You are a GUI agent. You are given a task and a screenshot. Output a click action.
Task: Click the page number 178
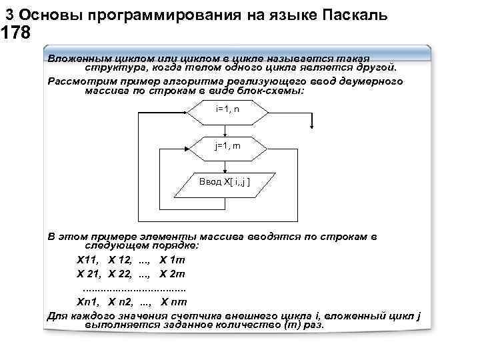point(16,33)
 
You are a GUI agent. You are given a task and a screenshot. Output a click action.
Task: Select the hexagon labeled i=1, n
point(227,110)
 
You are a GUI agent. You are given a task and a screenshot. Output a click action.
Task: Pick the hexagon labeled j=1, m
point(227,147)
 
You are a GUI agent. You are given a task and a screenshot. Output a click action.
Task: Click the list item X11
point(87,260)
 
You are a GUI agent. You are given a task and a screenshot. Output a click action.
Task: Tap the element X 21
point(88,274)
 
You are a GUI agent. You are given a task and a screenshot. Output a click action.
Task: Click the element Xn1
point(87,302)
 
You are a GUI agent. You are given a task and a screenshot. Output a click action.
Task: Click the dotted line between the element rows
point(133,289)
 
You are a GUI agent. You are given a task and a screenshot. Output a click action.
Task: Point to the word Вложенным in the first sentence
point(75,58)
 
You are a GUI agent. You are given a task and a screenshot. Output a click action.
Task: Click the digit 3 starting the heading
point(9,14)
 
